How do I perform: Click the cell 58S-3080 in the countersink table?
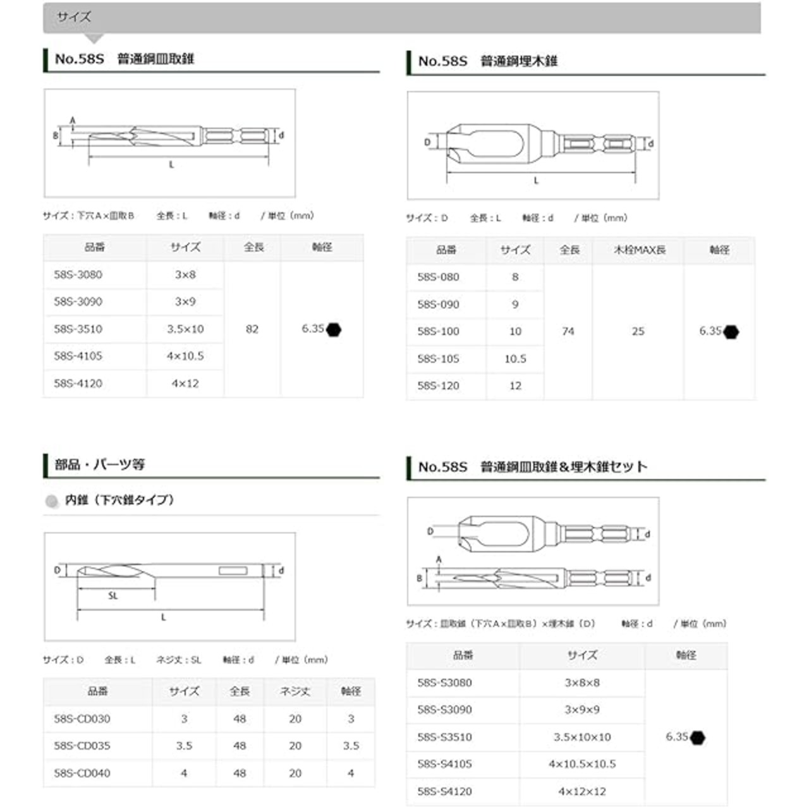click(x=78, y=275)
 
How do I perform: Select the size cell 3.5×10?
click(x=185, y=329)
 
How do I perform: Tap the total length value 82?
click(x=252, y=329)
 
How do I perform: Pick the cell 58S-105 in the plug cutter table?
click(x=438, y=359)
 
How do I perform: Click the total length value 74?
click(x=568, y=331)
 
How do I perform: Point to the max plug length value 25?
click(x=638, y=331)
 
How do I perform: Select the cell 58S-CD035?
click(x=82, y=746)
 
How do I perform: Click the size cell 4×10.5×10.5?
click(x=582, y=764)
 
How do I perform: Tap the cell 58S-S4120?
click(x=445, y=791)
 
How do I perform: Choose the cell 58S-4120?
click(x=78, y=384)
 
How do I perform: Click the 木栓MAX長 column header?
click(x=639, y=250)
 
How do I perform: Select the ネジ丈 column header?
click(x=295, y=691)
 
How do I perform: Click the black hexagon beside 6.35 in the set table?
click(x=698, y=738)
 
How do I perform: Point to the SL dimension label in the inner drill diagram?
click(x=113, y=596)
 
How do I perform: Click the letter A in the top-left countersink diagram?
click(x=73, y=120)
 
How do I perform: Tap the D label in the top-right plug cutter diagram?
click(x=427, y=142)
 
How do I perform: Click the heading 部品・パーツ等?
click(x=100, y=465)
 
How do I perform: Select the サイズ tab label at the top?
click(x=73, y=17)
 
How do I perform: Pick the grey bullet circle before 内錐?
click(x=52, y=501)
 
